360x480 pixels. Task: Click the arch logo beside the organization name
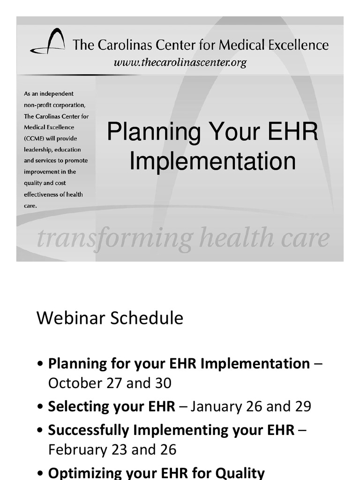48,42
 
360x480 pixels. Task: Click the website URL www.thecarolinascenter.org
180,62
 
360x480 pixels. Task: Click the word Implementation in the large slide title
212,161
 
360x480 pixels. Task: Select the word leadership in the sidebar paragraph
38,150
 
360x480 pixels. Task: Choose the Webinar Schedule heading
110,318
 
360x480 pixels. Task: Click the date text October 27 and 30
110,383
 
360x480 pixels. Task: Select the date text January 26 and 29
251,406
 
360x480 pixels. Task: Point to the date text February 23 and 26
112,450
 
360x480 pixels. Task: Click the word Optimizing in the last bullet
82,472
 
